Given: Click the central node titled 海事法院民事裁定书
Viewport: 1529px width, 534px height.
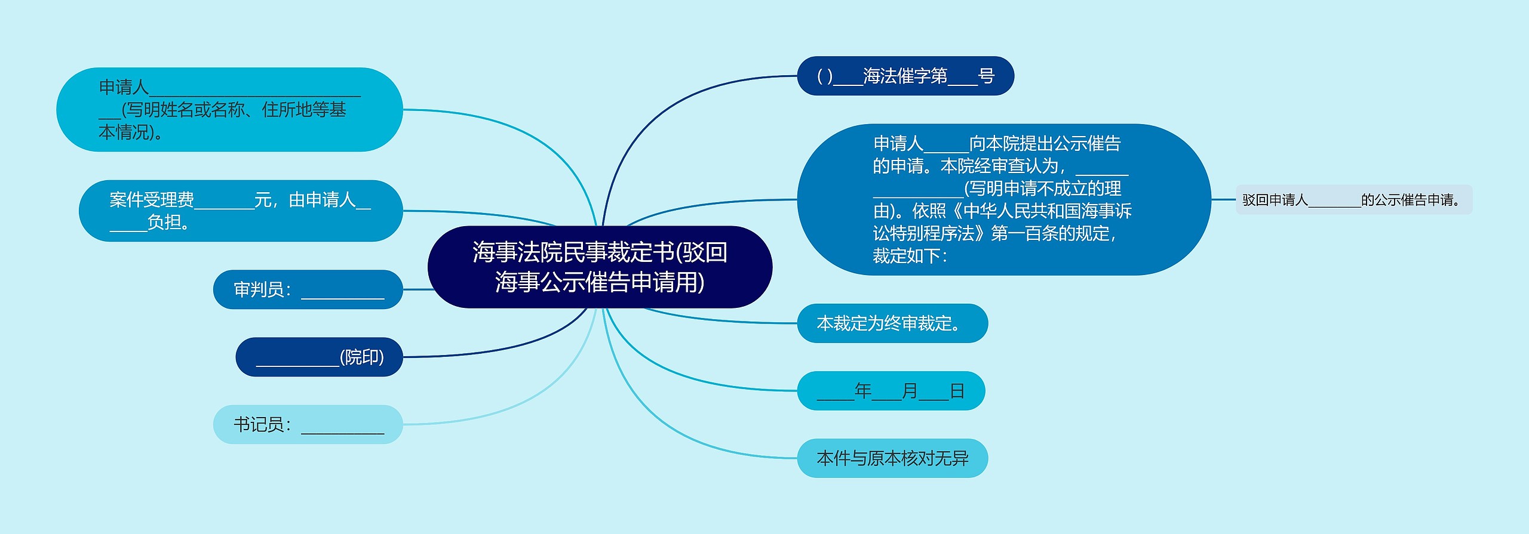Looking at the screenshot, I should [x=600, y=267].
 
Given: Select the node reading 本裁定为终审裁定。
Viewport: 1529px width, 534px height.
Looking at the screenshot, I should [x=892, y=323].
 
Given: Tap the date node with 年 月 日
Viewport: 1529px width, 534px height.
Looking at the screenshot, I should [x=891, y=391].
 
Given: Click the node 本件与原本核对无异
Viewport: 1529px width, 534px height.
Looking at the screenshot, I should [x=892, y=458].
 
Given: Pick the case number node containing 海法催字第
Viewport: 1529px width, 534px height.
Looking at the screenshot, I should [x=905, y=76].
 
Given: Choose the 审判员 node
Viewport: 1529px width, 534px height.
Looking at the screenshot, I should [x=308, y=289].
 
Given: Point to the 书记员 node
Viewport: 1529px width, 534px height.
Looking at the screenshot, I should [x=308, y=424].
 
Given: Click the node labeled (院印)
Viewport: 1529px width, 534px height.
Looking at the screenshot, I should [x=319, y=357].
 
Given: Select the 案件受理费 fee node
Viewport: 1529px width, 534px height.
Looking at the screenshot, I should [x=240, y=211].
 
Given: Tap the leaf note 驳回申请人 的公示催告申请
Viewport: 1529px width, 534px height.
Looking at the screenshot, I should [x=1353, y=200].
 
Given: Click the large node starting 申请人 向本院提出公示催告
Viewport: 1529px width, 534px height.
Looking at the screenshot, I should [x=1003, y=199].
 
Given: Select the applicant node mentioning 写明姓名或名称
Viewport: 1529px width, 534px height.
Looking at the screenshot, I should [x=229, y=109].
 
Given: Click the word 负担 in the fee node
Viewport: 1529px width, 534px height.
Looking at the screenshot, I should [x=165, y=223].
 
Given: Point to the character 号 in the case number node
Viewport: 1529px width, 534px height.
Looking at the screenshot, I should [x=986, y=76].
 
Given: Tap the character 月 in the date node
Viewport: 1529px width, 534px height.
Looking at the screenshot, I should [x=910, y=391].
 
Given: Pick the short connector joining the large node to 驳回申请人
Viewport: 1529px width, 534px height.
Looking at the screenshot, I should [x=1223, y=199].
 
